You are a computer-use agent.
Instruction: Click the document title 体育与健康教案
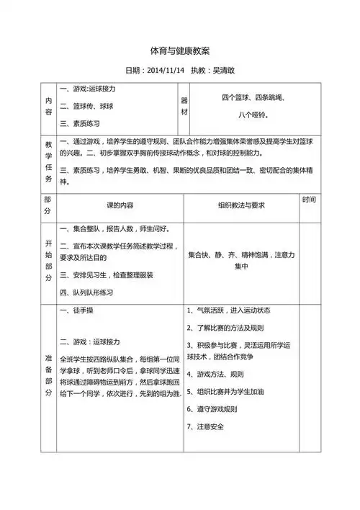coord(180,51)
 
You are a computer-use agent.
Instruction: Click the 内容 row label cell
coord(48,107)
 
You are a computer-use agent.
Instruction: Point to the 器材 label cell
coord(184,107)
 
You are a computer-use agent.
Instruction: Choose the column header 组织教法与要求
coord(241,205)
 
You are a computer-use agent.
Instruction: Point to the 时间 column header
coord(309,200)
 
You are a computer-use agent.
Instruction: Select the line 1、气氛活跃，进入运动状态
coord(228,310)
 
